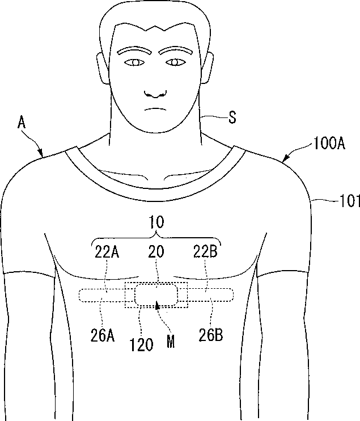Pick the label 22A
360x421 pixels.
pyautogui.click(x=107, y=251)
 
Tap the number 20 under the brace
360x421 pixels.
pyautogui.click(x=156, y=251)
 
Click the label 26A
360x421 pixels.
pyautogui.click(x=103, y=335)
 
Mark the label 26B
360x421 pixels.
pyautogui.click(x=210, y=335)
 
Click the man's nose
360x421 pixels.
pyautogui.click(x=154, y=90)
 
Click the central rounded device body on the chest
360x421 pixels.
pyautogui.click(x=156, y=295)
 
